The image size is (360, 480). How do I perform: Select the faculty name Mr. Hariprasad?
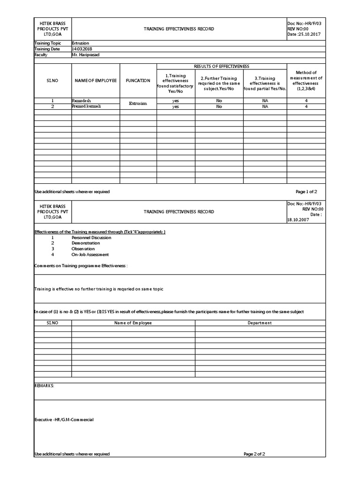(x=85, y=54)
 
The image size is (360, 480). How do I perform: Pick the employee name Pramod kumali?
(x=86, y=106)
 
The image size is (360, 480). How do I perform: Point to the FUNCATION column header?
(x=138, y=81)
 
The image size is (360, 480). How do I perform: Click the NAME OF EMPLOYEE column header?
(x=96, y=81)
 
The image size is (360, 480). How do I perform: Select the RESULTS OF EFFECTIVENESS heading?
(x=222, y=67)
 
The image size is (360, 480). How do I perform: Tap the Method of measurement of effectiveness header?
(x=306, y=81)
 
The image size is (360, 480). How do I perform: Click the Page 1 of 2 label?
(x=307, y=192)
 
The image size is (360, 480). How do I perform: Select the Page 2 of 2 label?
(x=255, y=454)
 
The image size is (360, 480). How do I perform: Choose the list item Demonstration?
(x=86, y=243)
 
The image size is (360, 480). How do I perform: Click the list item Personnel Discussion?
(x=91, y=238)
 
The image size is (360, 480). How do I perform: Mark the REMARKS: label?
(x=45, y=385)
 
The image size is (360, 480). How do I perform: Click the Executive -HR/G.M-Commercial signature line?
(x=64, y=420)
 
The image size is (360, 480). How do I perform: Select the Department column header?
(x=260, y=323)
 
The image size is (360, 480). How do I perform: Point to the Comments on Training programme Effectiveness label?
(x=81, y=266)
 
